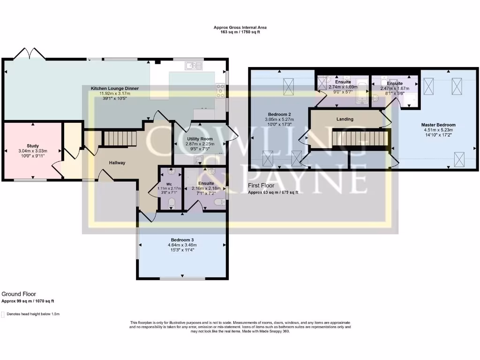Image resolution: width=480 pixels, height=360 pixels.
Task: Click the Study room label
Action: click(33, 146)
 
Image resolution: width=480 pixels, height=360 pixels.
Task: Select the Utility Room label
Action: click(200, 139)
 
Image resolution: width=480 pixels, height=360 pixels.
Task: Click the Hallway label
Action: click(117, 163)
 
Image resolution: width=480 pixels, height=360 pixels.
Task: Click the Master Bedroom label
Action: click(438, 125)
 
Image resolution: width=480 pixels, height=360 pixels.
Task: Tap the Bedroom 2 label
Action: click(280, 114)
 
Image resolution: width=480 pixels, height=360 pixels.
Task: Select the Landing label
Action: click(345, 119)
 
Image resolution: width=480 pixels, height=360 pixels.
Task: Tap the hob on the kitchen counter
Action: click(220, 90)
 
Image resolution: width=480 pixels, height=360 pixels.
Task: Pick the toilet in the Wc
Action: click(171, 202)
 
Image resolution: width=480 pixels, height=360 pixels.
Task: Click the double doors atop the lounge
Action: click(30, 54)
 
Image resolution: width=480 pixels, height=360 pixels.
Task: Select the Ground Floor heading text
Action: click(19, 294)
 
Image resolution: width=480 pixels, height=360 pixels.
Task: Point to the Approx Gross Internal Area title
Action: click(240, 28)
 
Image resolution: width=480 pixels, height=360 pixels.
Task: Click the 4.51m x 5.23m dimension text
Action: click(438, 130)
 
